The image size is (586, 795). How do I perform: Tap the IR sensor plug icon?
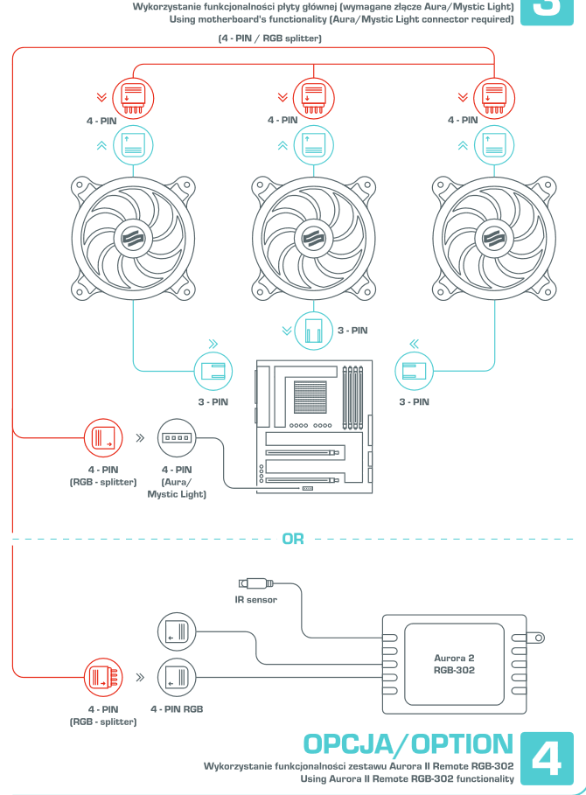point(255,583)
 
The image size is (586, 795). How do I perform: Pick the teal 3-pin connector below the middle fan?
point(311,331)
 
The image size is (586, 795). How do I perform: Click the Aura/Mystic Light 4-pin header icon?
point(178,436)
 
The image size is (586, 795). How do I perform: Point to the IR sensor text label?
point(255,601)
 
